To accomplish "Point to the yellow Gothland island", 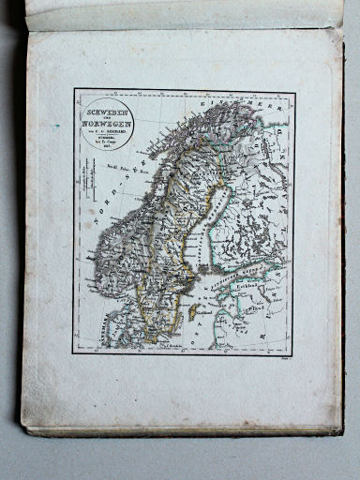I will tap(193, 313).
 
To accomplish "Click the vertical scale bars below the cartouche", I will tap(88, 178).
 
